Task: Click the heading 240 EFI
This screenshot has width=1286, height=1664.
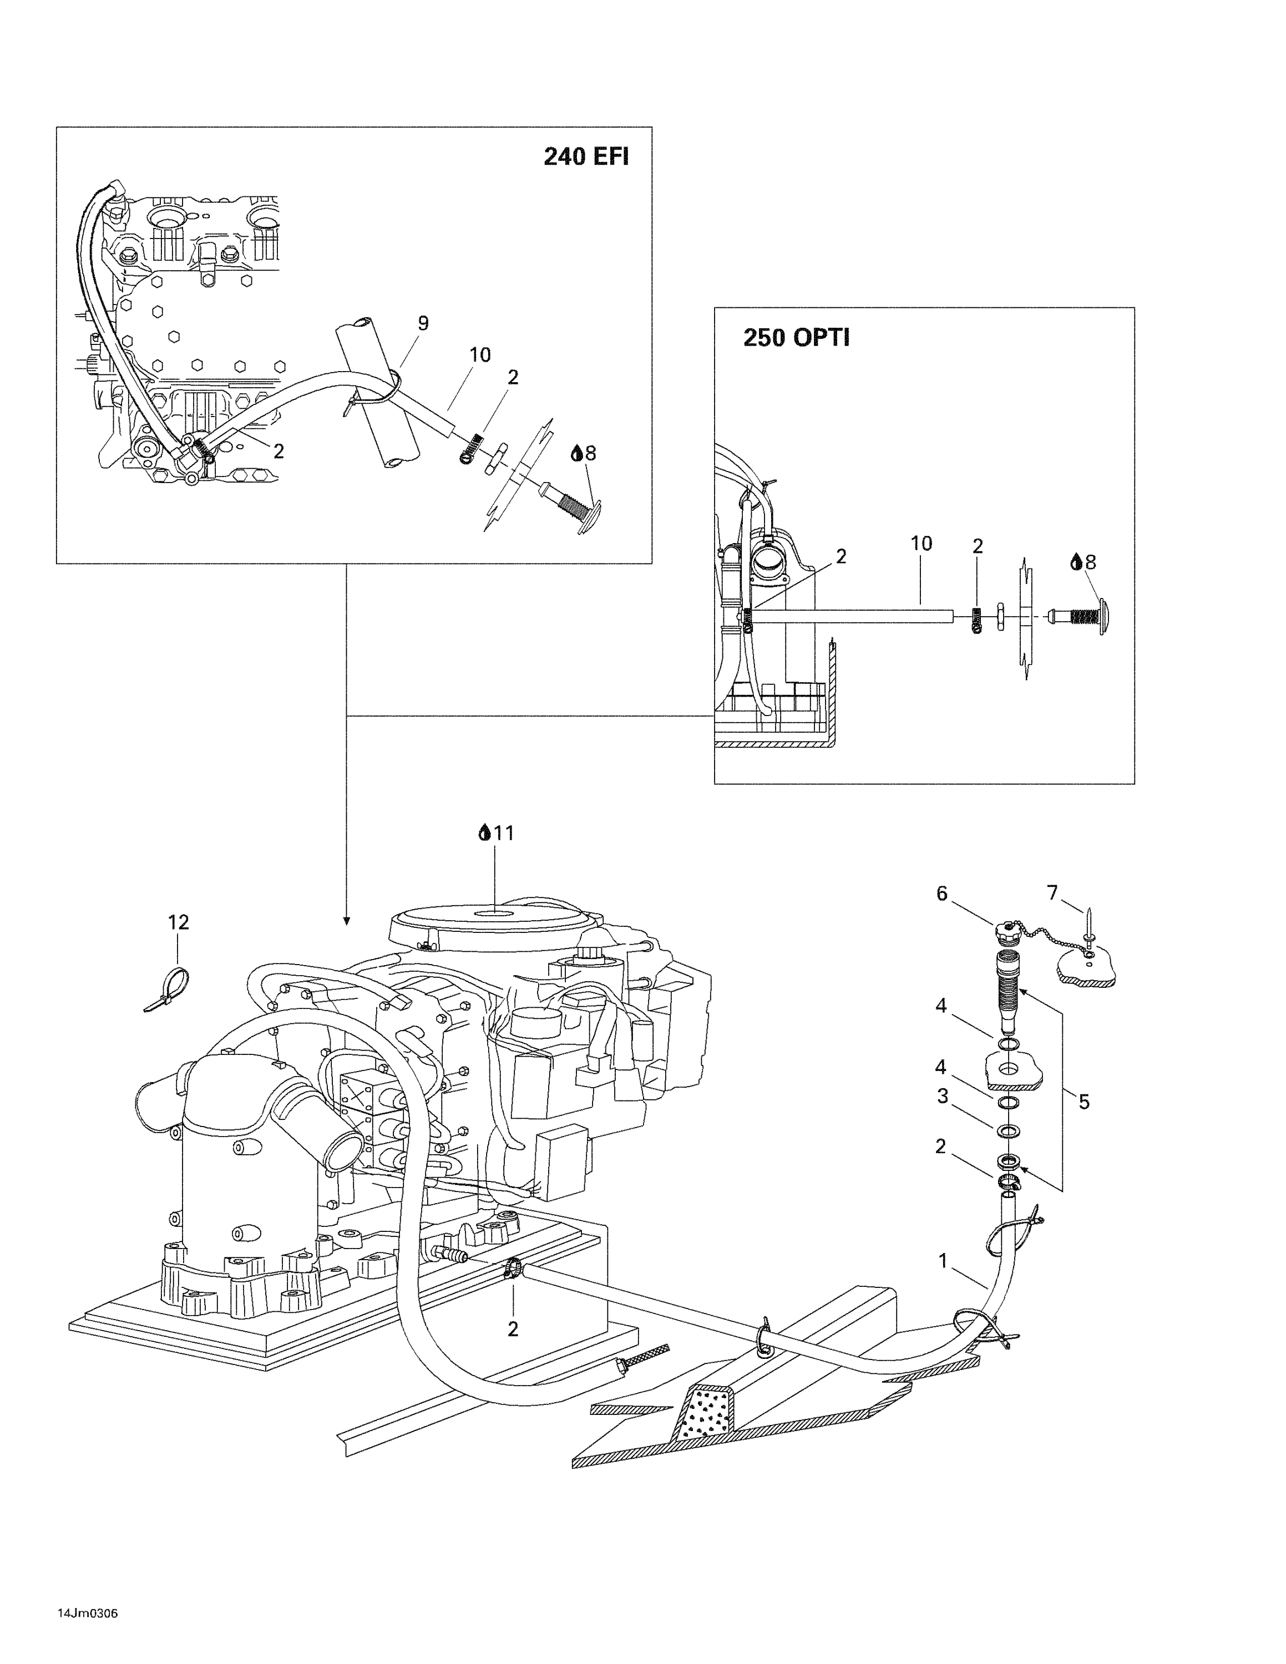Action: click(586, 156)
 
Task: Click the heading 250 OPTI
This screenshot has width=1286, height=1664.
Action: click(796, 338)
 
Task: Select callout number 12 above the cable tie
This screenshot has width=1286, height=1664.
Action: click(178, 922)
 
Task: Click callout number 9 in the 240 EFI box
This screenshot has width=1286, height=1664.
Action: click(423, 323)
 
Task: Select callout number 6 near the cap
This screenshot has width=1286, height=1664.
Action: click(941, 894)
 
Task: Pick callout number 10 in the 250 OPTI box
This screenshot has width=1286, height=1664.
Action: click(921, 543)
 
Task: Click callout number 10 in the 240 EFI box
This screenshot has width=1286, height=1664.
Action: click(480, 354)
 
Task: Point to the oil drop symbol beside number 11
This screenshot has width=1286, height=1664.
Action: click(484, 833)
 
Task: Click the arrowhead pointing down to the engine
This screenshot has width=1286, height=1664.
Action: click(347, 921)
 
